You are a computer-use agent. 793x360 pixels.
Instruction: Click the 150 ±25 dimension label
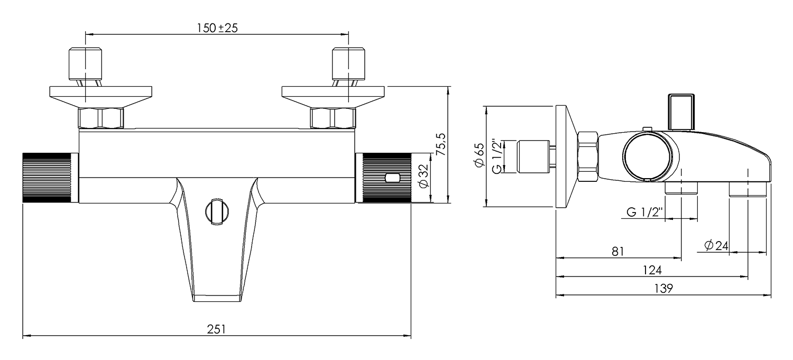point(217,28)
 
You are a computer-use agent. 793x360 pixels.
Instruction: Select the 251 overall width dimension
point(216,329)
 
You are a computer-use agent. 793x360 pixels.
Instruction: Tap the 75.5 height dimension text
point(441,144)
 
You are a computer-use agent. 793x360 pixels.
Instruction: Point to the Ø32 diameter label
point(422,177)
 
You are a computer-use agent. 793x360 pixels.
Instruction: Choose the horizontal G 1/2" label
point(645,212)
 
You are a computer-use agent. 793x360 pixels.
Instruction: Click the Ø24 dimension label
point(716,245)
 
